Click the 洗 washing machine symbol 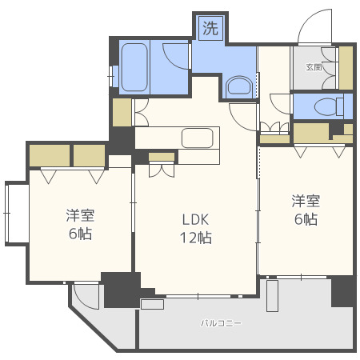[x=210, y=28]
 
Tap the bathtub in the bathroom [x=134, y=67]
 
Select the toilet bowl [x=329, y=107]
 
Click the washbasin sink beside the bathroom [x=239, y=86]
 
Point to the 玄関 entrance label [x=314, y=67]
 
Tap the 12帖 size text [x=196, y=238]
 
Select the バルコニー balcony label [x=221, y=323]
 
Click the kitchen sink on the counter [x=198, y=138]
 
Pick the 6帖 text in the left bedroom [x=80, y=234]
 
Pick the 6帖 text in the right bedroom [x=306, y=219]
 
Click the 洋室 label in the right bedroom [x=306, y=201]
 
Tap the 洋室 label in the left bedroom [x=80, y=216]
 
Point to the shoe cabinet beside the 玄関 [x=346, y=68]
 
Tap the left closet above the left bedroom [x=50, y=155]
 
